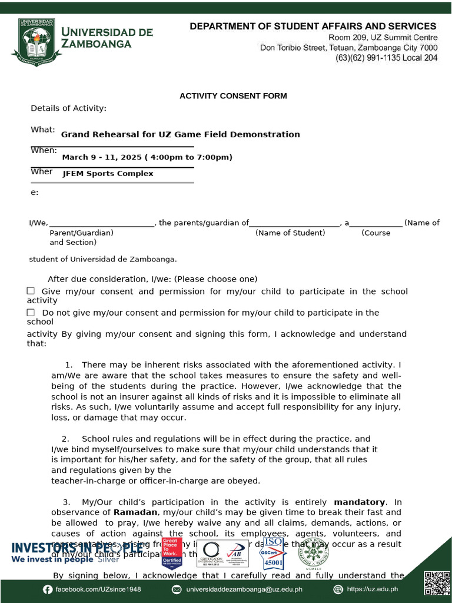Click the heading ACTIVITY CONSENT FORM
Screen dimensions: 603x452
click(x=233, y=96)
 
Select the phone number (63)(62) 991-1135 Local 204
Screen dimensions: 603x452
click(x=386, y=58)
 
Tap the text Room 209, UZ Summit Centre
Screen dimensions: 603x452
click(x=383, y=37)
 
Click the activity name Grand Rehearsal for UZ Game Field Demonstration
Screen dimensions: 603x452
click(x=180, y=134)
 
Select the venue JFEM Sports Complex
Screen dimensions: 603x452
click(x=108, y=174)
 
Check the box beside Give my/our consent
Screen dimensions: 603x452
click(x=31, y=291)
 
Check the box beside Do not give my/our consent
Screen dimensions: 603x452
click(x=31, y=312)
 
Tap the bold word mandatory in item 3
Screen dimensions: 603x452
click(x=359, y=502)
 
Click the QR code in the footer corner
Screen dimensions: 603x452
click(x=435, y=582)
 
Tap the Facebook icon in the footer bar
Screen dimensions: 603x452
click(x=48, y=589)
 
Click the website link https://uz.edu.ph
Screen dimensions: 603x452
click(x=372, y=589)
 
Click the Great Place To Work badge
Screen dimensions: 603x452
click(x=171, y=552)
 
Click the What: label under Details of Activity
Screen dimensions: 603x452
click(x=42, y=130)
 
